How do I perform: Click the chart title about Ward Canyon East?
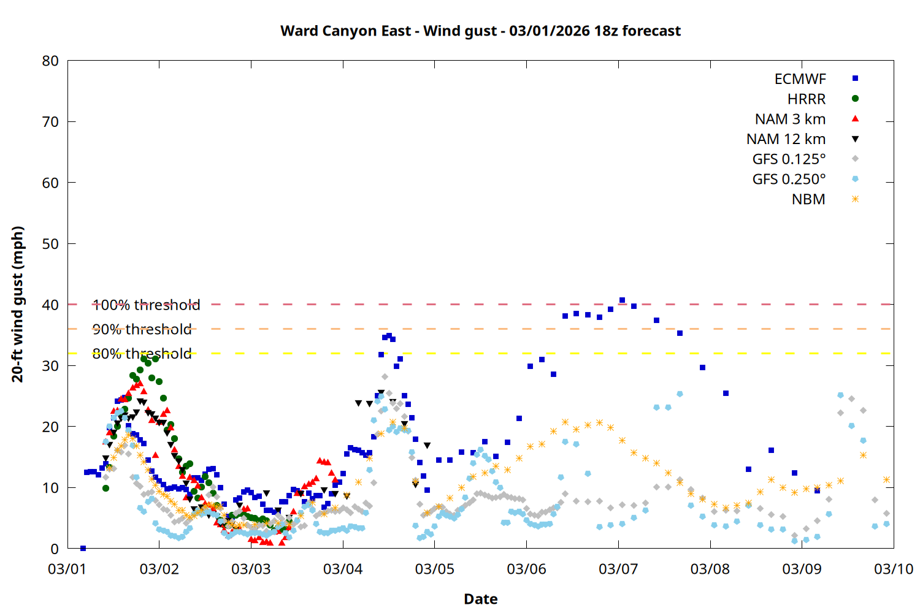(480, 31)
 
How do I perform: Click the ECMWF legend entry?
(800, 79)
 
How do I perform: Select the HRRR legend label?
(806, 99)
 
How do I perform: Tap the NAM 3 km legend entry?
(790, 119)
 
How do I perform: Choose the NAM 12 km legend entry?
(786, 139)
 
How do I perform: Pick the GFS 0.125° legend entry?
(789, 159)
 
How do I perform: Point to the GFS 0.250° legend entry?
(789, 180)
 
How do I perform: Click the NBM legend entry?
(808, 199)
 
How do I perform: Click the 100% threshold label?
(146, 305)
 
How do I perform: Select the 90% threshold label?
(142, 329)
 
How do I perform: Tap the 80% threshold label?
(142, 354)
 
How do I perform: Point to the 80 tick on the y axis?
(51, 61)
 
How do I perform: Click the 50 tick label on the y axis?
(51, 244)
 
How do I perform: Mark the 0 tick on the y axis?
(55, 549)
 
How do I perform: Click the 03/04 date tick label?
(343, 569)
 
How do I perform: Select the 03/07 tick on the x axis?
(618, 569)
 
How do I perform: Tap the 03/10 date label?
(893, 569)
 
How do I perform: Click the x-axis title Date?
(480, 599)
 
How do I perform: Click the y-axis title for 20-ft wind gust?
(18, 304)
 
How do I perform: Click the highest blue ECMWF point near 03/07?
(622, 300)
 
